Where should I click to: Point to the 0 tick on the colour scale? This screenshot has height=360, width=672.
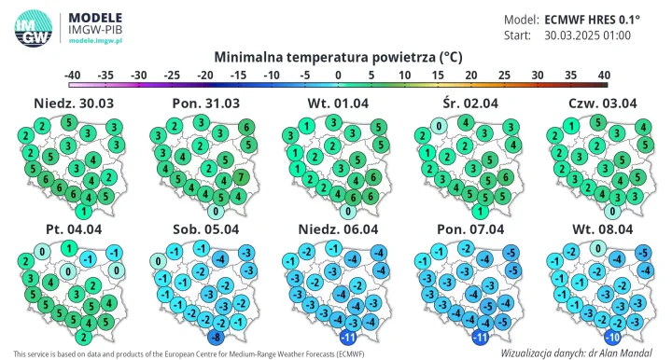pyautogui.click(x=337, y=74)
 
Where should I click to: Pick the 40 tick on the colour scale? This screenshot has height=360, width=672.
pyautogui.click(x=603, y=74)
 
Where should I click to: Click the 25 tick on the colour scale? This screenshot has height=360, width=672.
pyautogui.click(x=504, y=74)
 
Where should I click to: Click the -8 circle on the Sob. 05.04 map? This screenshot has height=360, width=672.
pyautogui.click(x=216, y=337)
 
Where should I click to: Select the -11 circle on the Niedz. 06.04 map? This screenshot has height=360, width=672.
pyautogui.click(x=349, y=337)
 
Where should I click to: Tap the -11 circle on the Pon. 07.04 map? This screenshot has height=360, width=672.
pyautogui.click(x=482, y=337)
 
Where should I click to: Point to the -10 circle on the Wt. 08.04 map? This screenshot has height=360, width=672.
pyautogui.click(x=613, y=337)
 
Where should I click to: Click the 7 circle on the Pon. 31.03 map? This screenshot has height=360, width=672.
pyautogui.click(x=241, y=177)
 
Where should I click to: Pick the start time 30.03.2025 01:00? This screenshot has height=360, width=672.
pyautogui.click(x=587, y=35)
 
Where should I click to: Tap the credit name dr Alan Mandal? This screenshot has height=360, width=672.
pyautogui.click(x=622, y=353)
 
